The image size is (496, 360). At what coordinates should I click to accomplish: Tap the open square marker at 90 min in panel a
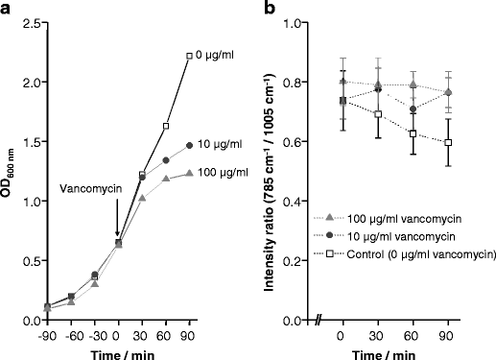(x=190, y=56)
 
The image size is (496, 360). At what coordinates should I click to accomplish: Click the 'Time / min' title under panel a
(x=119, y=352)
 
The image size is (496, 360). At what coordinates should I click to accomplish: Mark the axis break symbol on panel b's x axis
(x=319, y=321)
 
